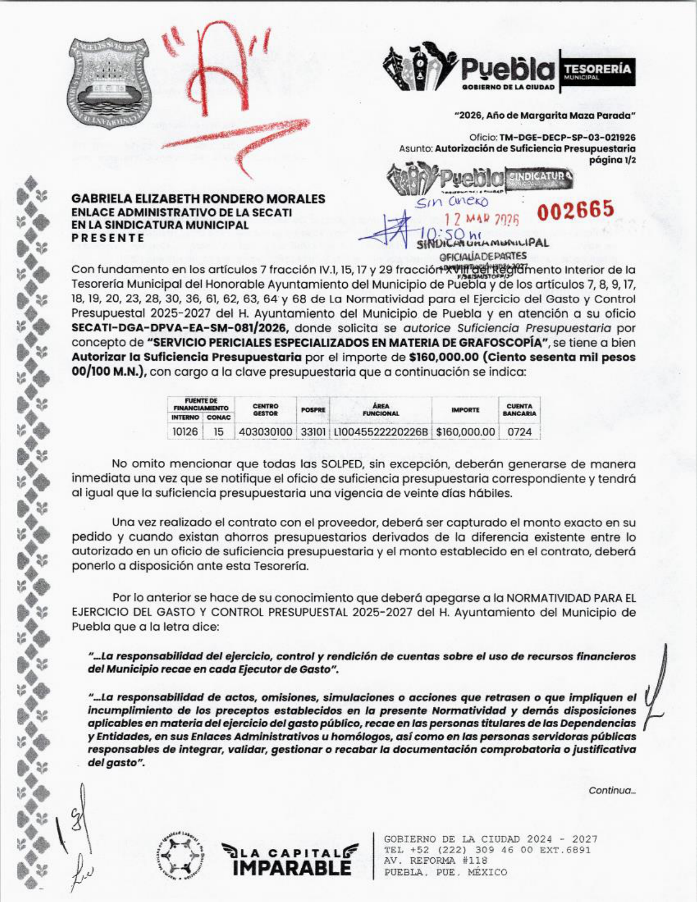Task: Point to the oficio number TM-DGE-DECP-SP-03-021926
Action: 567,138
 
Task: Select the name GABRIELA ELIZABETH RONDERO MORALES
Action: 198,199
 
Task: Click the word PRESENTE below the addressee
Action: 108,238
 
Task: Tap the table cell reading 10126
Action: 185,432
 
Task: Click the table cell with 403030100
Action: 266,432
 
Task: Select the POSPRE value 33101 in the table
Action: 313,432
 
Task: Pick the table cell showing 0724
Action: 519,432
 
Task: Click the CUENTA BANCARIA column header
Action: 519,410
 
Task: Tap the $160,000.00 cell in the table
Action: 465,432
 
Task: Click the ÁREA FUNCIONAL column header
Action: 380,410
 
